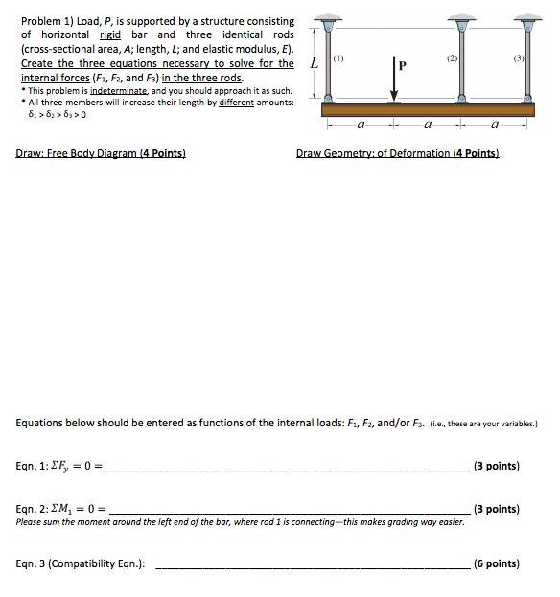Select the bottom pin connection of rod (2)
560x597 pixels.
tap(461, 98)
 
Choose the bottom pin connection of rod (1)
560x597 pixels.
tap(329, 98)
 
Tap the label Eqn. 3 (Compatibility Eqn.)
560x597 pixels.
tap(81, 564)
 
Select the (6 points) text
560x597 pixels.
tap(498, 564)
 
